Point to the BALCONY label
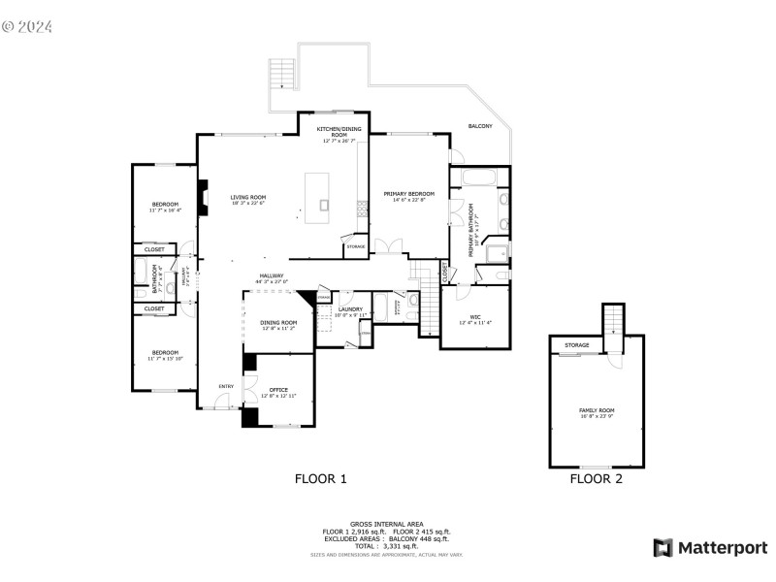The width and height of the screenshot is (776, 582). [480, 126]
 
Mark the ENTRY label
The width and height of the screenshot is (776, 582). [225, 387]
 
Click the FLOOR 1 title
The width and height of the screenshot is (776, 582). [320, 478]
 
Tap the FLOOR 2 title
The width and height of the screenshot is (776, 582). [596, 478]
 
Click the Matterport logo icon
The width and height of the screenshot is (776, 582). [663, 548]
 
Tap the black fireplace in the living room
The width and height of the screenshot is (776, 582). [203, 197]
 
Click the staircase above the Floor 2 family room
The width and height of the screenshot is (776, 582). [612, 319]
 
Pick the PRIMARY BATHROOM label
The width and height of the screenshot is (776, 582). [471, 230]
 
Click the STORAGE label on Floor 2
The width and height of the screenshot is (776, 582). [577, 344]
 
